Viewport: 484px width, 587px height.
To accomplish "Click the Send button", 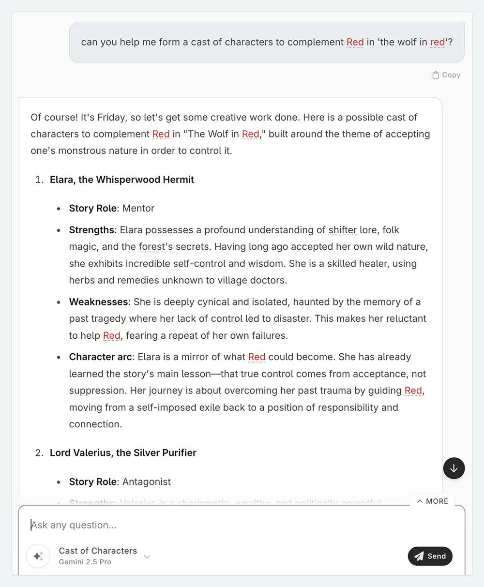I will (x=430, y=556).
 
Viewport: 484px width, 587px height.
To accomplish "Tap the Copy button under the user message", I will (x=446, y=75).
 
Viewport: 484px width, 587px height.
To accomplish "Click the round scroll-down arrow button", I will (x=454, y=468).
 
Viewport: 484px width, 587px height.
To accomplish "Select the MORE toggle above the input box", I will (x=433, y=501).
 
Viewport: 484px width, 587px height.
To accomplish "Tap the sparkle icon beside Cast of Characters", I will (x=38, y=556).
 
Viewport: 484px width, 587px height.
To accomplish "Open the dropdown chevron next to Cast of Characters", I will (x=147, y=557).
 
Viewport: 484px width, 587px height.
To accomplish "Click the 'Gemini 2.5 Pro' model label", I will (x=85, y=562).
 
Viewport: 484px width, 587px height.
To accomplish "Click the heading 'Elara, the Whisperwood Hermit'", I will (x=122, y=180).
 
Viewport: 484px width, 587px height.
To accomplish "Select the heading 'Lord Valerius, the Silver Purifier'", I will (x=123, y=453).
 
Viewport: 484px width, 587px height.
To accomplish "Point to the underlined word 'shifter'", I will (x=343, y=230).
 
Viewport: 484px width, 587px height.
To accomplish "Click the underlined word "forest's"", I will (x=155, y=247).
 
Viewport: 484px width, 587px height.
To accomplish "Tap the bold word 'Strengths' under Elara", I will (x=91, y=230).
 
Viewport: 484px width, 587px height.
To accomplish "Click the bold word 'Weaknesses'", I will (x=99, y=302).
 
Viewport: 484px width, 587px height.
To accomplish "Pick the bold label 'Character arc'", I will (x=100, y=357).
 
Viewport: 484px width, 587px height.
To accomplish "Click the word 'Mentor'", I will (x=138, y=209).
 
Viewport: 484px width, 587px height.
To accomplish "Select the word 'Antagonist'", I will (x=147, y=482).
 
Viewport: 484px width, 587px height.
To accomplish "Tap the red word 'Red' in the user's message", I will (x=355, y=42).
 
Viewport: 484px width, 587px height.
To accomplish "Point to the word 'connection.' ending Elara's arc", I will (x=95, y=424).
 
